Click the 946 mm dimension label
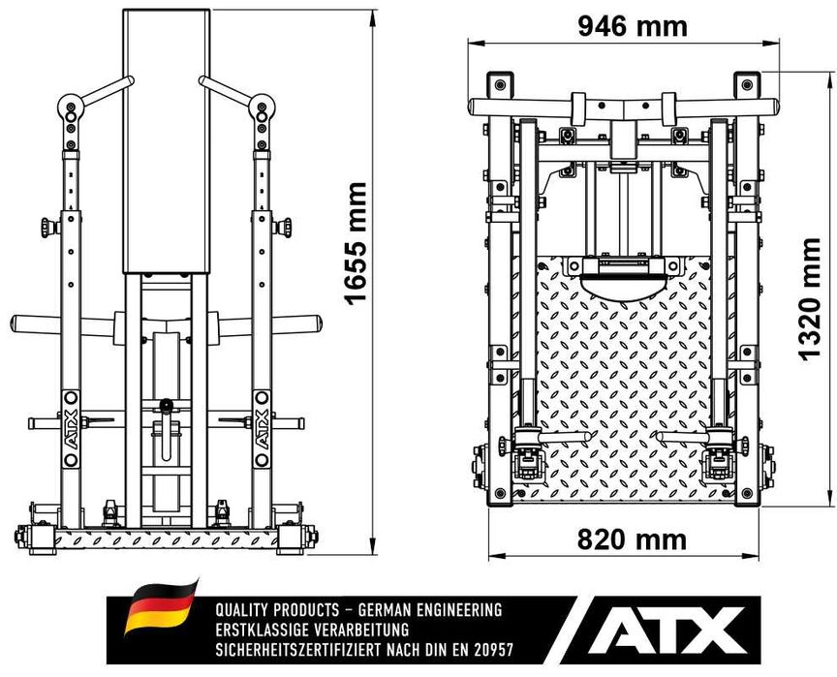633,26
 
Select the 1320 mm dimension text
809,300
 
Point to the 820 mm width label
632,539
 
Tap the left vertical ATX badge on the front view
71,429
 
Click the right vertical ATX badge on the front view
262,429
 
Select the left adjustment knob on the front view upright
49,228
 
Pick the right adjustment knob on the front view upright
282,228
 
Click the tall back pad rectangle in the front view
166,141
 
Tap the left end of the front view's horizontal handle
13,323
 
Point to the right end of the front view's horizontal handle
320,323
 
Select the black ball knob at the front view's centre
166,406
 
